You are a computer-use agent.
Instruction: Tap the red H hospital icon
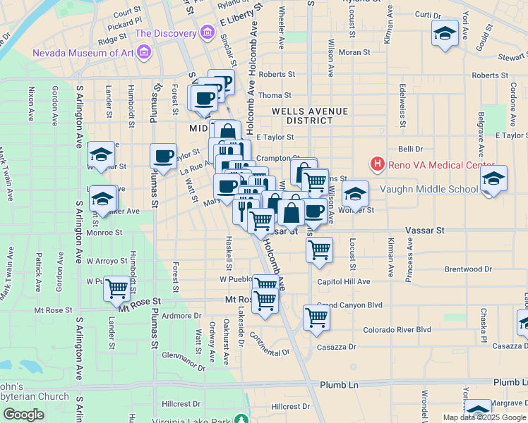pos(378,164)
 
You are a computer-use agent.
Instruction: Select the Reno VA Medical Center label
pos(432,165)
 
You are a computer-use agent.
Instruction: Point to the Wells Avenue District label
pos(311,116)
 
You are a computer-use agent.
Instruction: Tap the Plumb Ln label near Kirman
pos(340,385)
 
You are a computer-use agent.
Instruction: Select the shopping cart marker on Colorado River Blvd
pos(316,317)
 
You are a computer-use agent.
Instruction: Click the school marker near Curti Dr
pos(445,34)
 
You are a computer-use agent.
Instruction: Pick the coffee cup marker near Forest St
pos(163,157)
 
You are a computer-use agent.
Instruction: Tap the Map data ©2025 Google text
pos(485,417)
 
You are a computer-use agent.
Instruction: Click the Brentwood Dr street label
pos(468,269)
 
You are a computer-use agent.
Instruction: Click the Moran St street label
pos(354,52)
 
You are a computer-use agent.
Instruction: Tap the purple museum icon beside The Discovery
pos(207,32)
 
